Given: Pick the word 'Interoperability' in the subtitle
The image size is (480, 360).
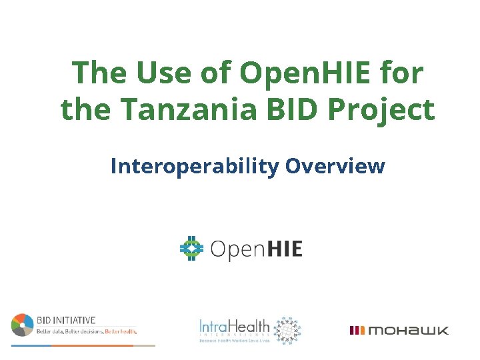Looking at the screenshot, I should point(194,166).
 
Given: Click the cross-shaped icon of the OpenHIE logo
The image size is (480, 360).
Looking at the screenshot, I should point(191,249).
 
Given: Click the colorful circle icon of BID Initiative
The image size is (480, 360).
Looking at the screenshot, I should point(22,325).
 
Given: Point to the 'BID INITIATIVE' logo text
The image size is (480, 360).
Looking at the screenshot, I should point(66,320).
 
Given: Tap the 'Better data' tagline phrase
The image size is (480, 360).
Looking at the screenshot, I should point(50,331).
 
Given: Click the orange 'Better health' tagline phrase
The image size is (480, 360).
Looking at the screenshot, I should point(121,331).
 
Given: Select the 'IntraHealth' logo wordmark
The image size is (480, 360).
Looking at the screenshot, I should point(235,326).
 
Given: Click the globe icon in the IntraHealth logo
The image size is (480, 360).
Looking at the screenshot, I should point(287,329).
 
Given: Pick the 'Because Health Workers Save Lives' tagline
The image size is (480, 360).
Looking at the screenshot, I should point(235,341).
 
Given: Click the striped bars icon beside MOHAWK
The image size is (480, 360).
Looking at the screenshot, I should point(357,330).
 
